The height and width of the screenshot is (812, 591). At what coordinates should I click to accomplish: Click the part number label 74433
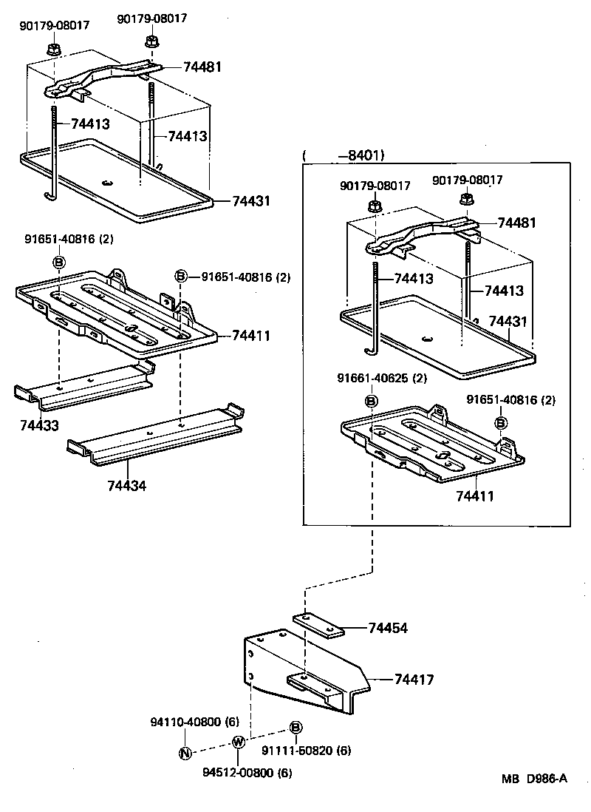coord(41,426)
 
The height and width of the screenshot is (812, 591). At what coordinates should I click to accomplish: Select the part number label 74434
coord(127,486)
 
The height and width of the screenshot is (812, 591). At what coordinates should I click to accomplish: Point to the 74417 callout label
coord(414,679)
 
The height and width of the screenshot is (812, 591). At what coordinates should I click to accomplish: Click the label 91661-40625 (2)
coord(383,379)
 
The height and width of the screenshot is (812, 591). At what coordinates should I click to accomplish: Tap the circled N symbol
coord(185,754)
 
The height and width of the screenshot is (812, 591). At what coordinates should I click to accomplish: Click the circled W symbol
coord(238,742)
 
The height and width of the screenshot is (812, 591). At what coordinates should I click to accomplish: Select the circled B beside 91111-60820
coord(294,728)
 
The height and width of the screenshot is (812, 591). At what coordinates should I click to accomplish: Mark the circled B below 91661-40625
coord(372,400)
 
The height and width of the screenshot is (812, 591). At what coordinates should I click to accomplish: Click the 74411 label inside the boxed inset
coord(474,495)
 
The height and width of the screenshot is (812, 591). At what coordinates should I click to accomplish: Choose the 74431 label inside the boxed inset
coord(509,321)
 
